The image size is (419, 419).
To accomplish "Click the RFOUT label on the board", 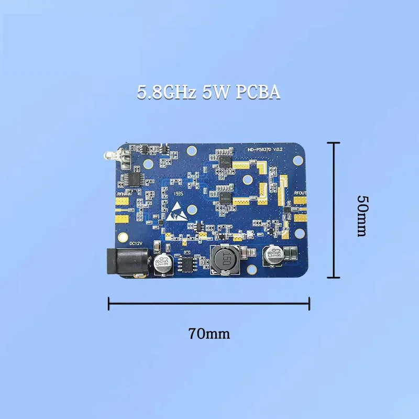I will point(300,193).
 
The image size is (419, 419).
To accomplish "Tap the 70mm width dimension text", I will point(210,333).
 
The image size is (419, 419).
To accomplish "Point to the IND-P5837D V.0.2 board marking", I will point(265,150).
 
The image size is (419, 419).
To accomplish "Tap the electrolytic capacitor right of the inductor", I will point(274,256).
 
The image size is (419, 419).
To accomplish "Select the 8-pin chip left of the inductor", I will point(187,262).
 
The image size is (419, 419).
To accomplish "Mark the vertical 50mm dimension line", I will point(334,210).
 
